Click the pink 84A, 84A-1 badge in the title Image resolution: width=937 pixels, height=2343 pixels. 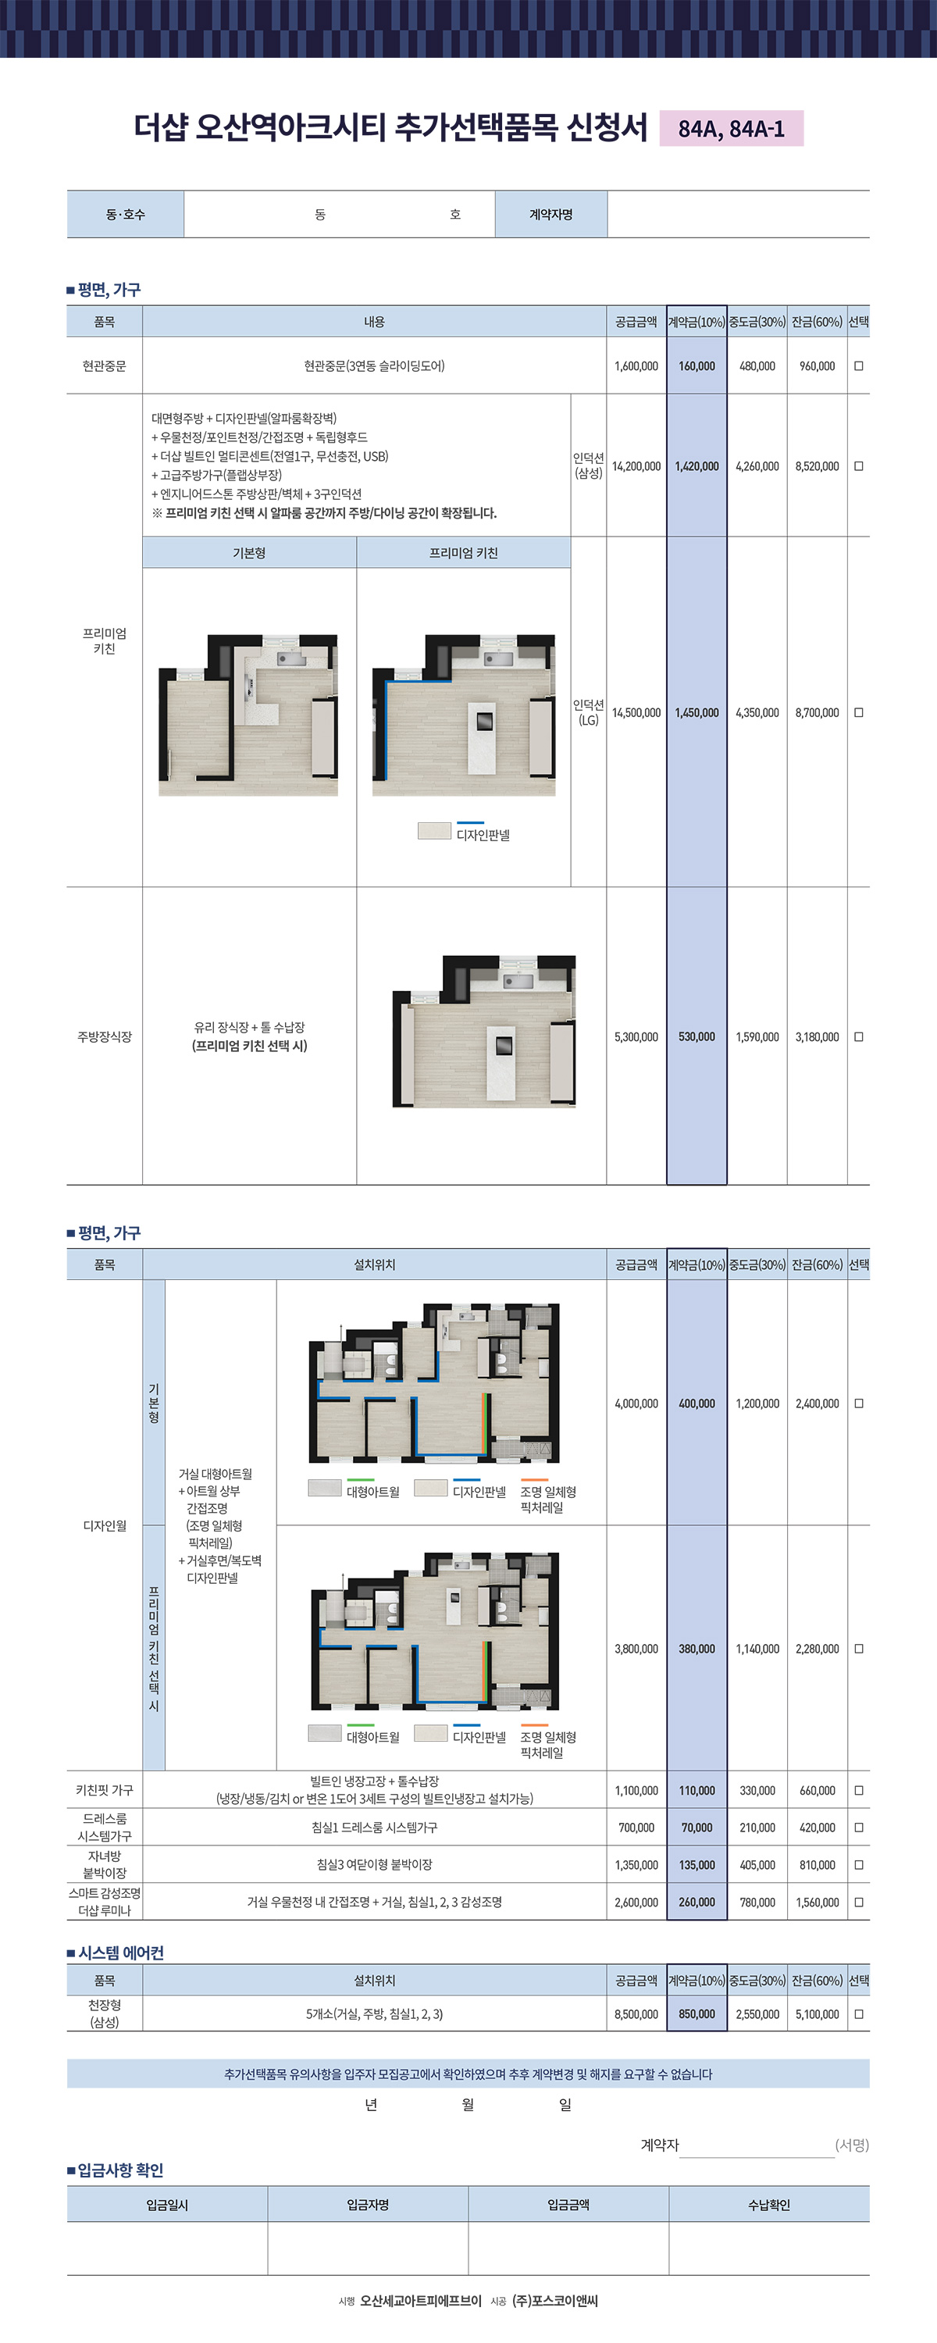click(732, 128)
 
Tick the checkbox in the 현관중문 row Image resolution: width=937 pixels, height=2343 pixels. click(859, 366)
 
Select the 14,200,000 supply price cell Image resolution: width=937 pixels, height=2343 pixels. click(636, 466)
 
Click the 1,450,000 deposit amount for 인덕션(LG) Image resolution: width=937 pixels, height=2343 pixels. click(697, 713)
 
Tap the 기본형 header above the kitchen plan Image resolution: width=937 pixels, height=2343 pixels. click(249, 553)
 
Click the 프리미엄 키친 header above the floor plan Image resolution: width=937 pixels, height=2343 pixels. click(464, 553)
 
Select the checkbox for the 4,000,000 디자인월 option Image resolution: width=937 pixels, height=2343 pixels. click(859, 1403)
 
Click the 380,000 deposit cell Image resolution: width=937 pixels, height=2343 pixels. click(697, 1649)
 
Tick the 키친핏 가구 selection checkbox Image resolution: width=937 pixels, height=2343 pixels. click(859, 1790)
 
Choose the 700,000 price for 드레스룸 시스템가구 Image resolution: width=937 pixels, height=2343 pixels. click(636, 1828)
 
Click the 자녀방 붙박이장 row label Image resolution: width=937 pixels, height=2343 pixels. click(105, 1864)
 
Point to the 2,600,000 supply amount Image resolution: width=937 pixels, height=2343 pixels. click(636, 1902)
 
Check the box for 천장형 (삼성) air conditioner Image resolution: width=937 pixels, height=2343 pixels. click(859, 2013)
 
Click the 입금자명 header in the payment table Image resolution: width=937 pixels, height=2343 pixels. click(369, 2205)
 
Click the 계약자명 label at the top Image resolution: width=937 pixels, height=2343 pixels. click(551, 215)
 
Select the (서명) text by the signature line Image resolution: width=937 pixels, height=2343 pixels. click(853, 2145)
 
